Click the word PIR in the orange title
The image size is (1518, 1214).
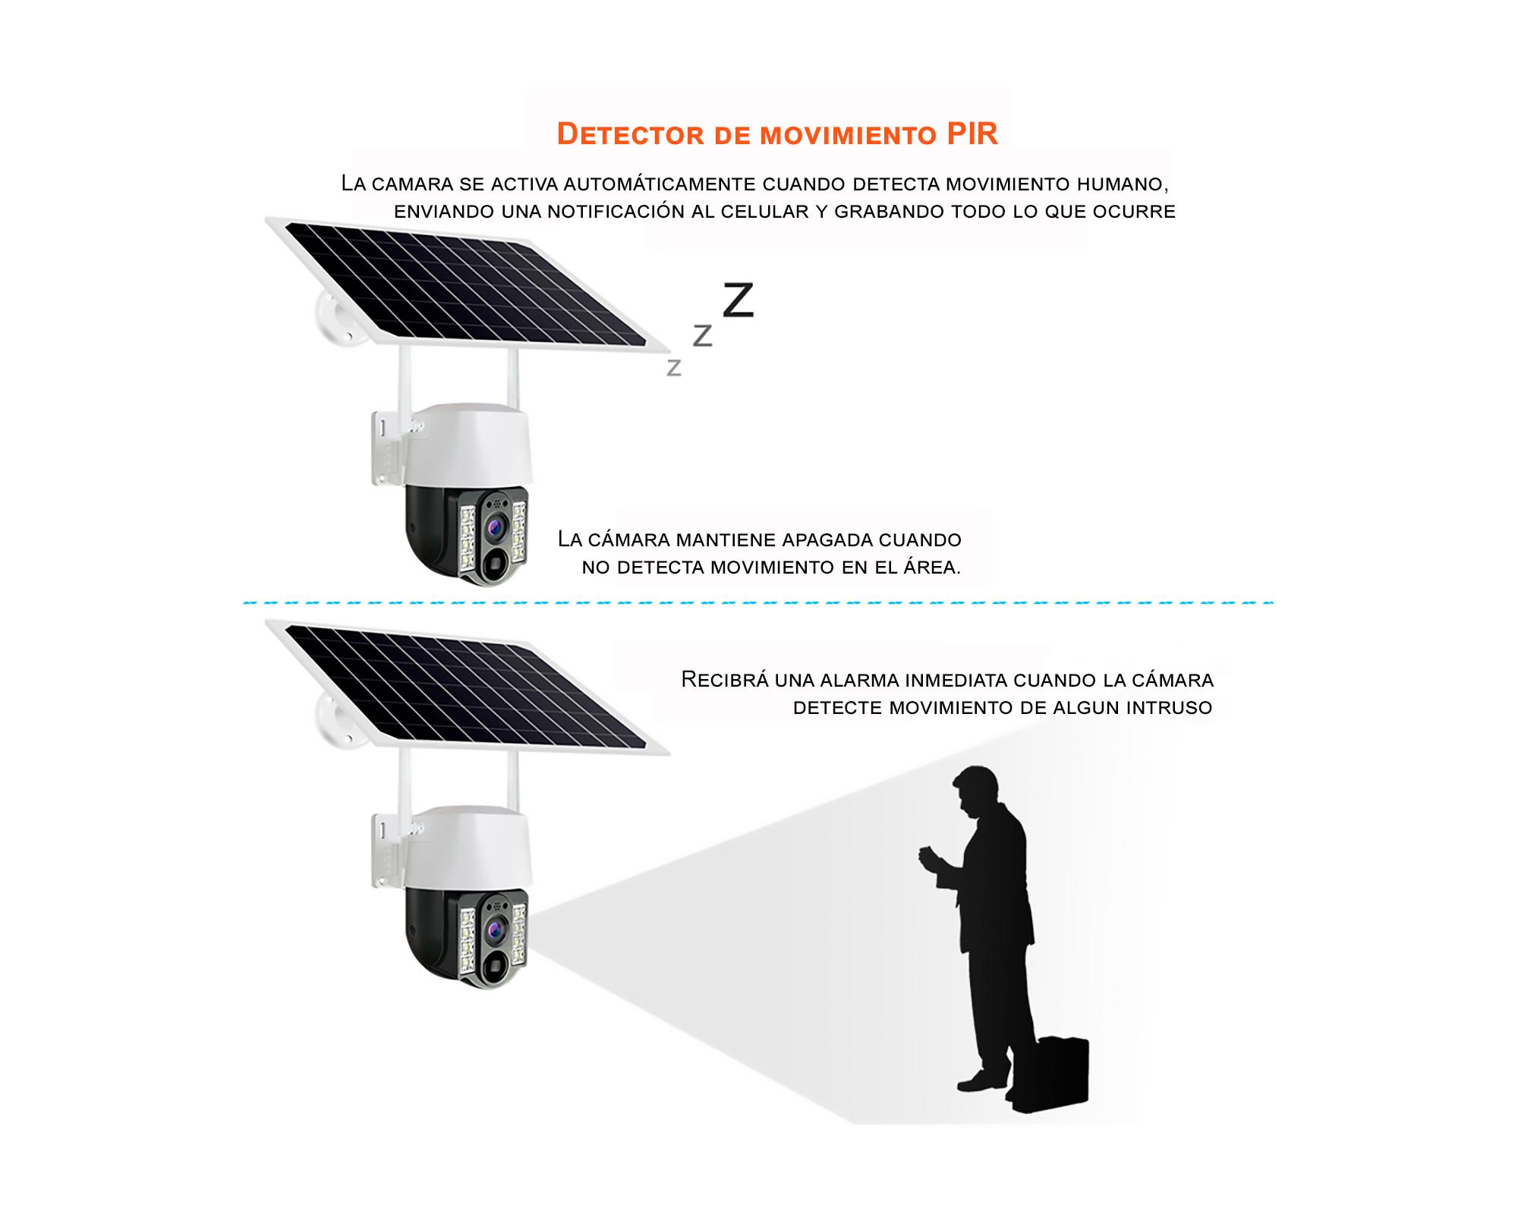coord(972,134)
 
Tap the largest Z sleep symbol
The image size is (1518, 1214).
coord(738,300)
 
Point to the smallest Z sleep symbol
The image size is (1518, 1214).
coord(673,368)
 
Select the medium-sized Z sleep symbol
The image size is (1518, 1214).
coord(703,335)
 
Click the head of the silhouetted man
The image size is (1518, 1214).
coord(974,789)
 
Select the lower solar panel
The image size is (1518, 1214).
coord(467,686)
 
